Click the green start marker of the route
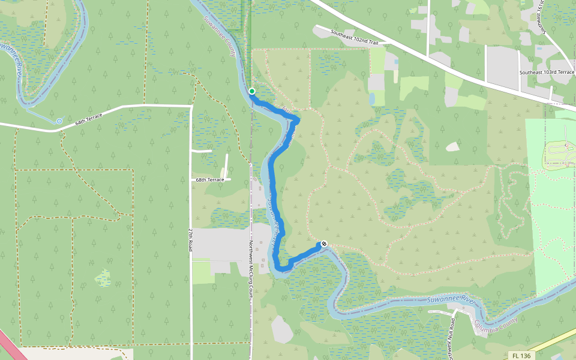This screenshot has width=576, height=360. [x=252, y=91]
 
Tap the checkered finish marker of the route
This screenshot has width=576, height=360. [x=324, y=244]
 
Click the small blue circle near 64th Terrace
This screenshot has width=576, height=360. [x=59, y=121]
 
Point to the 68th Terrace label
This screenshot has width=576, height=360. [x=210, y=179]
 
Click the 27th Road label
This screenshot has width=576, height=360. [x=190, y=239]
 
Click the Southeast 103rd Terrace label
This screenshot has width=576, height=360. [x=547, y=72]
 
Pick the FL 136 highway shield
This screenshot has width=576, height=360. [x=521, y=356]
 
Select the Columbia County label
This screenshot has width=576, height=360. [x=495, y=326]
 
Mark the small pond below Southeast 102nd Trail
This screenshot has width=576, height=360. [x=373, y=97]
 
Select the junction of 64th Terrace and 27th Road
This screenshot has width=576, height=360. [x=190, y=106]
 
